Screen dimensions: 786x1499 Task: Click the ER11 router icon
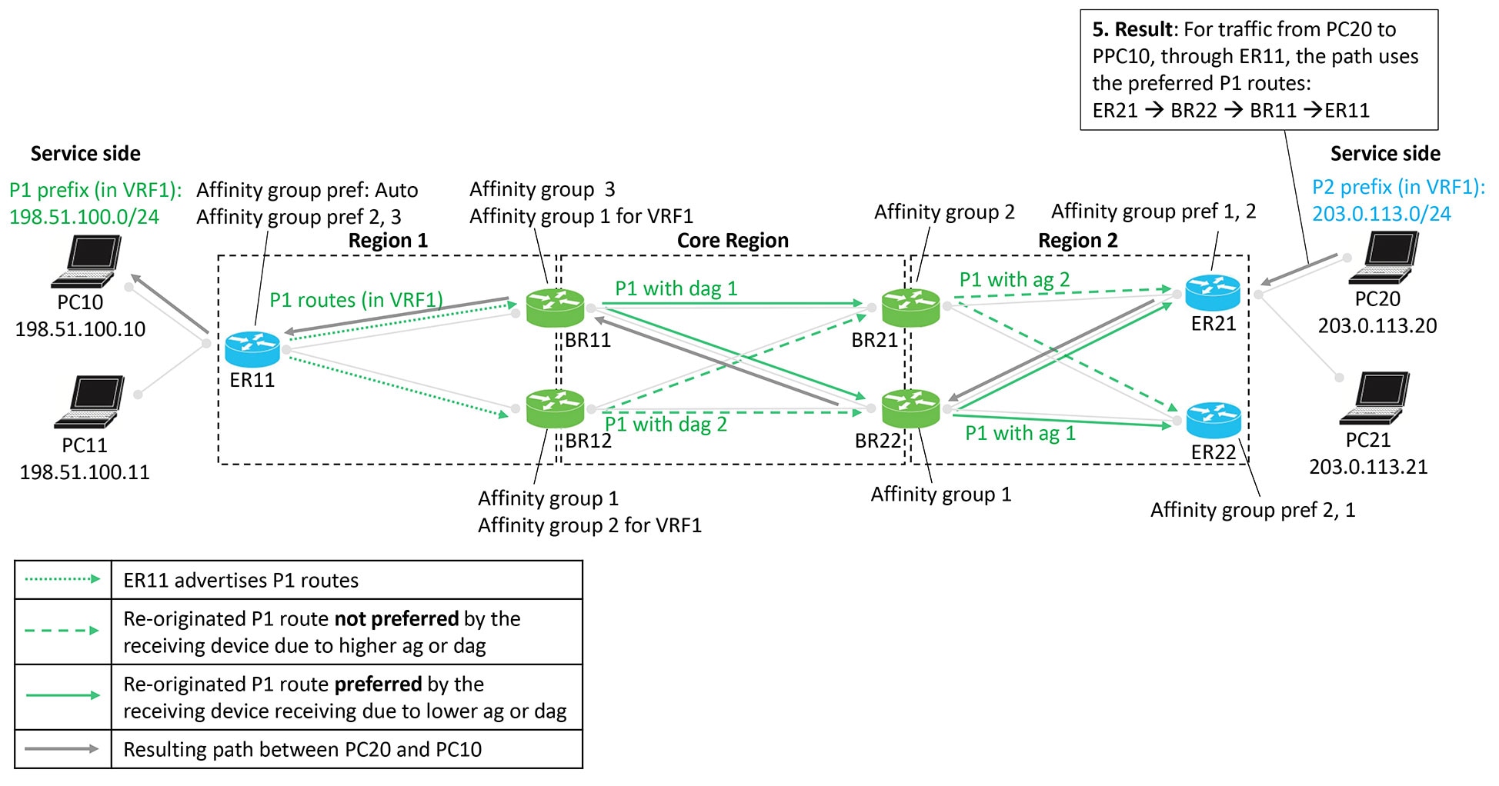pyautogui.click(x=252, y=349)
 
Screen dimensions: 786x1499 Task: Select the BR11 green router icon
pyautogui.click(x=555, y=308)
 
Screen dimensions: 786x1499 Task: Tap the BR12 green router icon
pyautogui.click(x=555, y=408)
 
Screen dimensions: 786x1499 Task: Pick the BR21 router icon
pyautogui.click(x=910, y=308)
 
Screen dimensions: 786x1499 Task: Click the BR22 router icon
pyautogui.click(x=910, y=408)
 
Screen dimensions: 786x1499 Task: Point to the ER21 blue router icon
pyautogui.click(x=1213, y=293)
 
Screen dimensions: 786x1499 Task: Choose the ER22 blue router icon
pyautogui.click(x=1214, y=421)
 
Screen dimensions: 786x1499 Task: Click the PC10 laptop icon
pyautogui.click(x=88, y=261)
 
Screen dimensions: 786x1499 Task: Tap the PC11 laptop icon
pyautogui.click(x=91, y=401)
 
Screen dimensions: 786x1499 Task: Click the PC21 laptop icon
pyautogui.click(x=1376, y=398)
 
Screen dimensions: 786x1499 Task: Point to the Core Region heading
pyautogui.click(x=733, y=241)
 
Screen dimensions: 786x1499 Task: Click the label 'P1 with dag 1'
pyautogui.click(x=676, y=288)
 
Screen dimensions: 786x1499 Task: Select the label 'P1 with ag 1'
pyautogui.click(x=1020, y=433)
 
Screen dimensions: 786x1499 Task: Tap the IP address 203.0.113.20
pyautogui.click(x=1377, y=326)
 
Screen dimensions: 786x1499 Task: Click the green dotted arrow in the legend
pyautogui.click(x=62, y=579)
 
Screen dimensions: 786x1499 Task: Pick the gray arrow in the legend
pyautogui.click(x=62, y=748)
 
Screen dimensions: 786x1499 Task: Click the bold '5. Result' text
pyautogui.click(x=1133, y=29)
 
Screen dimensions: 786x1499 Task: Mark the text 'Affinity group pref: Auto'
pyautogui.click(x=307, y=190)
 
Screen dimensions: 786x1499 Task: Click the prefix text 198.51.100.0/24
pyautogui.click(x=84, y=217)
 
